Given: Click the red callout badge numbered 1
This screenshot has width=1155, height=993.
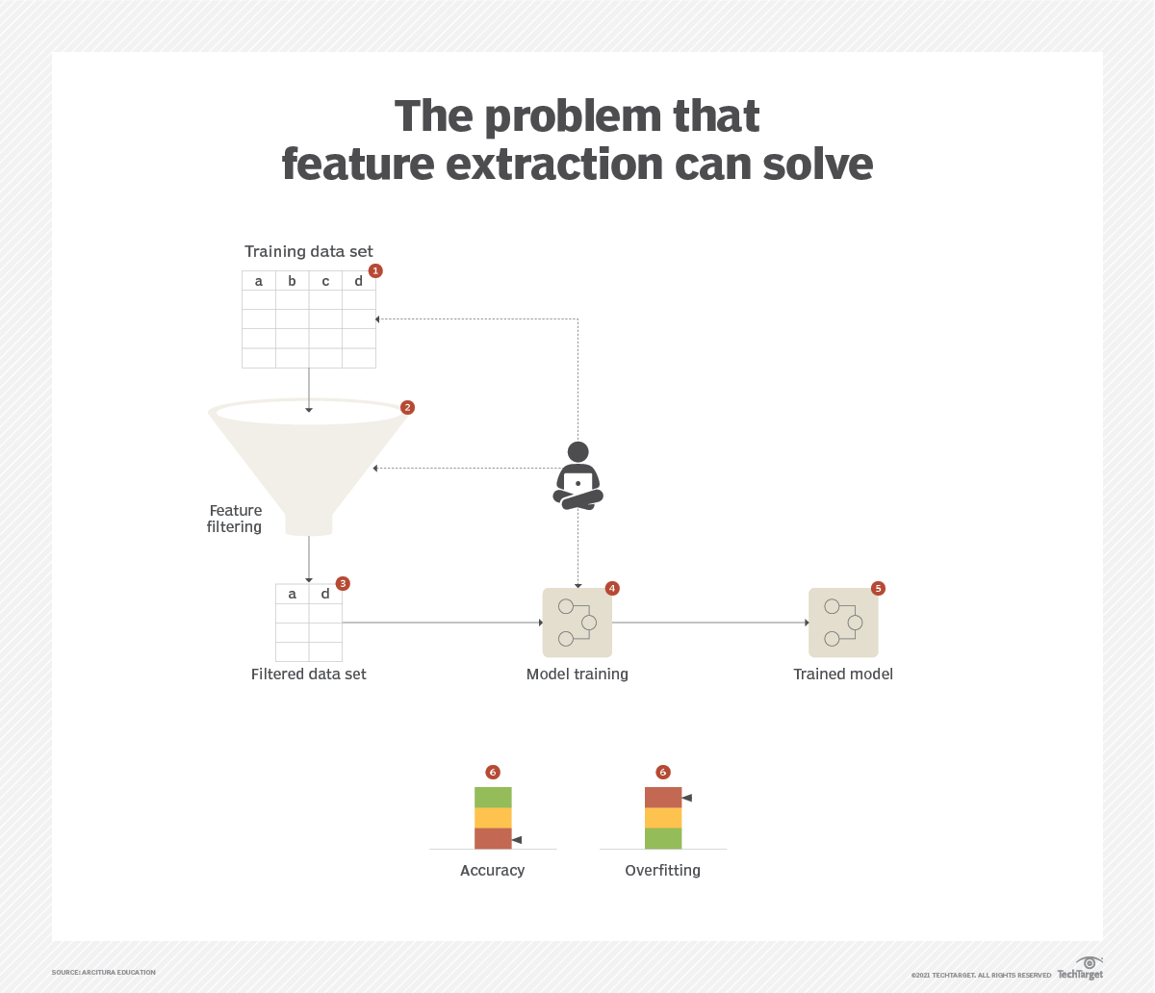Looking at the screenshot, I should coord(375,271).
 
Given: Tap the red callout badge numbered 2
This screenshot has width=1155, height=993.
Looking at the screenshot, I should coord(407,408).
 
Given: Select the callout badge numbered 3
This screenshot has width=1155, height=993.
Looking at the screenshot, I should coord(343,584).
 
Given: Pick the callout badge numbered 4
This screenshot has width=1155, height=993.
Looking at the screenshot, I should coord(612,588).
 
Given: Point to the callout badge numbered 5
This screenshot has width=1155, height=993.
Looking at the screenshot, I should coord(878,588).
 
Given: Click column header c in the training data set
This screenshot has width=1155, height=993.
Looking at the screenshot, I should coord(325,281).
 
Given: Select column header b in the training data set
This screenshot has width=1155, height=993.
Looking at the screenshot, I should coord(292,281).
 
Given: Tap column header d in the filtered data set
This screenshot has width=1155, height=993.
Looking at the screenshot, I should coord(325,594).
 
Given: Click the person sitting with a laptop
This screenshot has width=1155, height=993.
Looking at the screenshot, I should coord(577,475).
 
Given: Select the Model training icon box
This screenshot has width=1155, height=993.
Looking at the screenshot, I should coord(577,623).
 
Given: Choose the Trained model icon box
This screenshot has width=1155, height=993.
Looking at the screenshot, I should coord(843,623).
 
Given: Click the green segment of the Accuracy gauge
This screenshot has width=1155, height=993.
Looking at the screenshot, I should coord(493,798).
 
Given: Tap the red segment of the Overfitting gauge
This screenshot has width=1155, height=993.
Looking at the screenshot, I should coord(663,798).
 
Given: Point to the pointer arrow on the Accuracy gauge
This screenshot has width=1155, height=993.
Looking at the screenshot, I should coord(517,840).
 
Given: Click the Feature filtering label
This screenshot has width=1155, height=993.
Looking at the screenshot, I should coord(235,519).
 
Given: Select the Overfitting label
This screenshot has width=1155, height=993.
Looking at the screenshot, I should coord(662,871).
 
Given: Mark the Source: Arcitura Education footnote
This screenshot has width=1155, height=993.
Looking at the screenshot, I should coord(104,973).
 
